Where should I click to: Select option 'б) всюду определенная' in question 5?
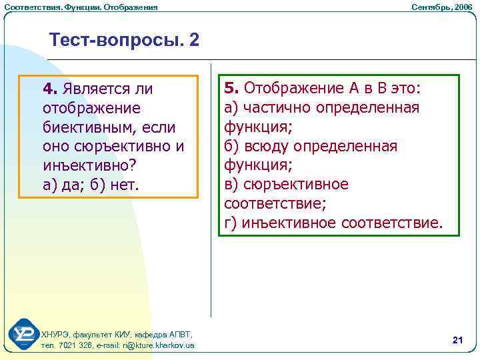click(x=311, y=146)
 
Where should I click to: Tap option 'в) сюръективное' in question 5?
click(x=286, y=184)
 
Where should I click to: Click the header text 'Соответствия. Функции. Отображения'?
click(x=81, y=7)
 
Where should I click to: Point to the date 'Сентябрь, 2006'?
click(x=441, y=7)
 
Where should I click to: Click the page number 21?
click(x=457, y=340)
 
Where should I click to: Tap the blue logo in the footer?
click(x=24, y=335)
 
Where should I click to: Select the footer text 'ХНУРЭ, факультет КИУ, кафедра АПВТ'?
click(x=117, y=334)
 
